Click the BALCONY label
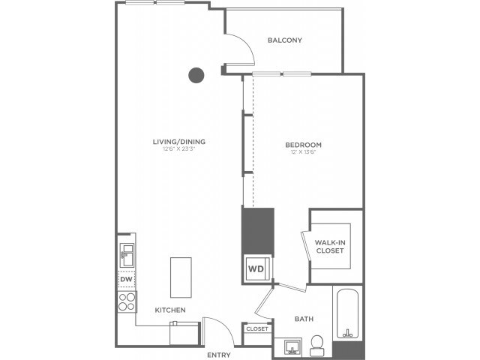(x=284, y=40)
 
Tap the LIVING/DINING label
(x=179, y=142)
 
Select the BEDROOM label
(x=303, y=145)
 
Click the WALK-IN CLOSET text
(x=329, y=246)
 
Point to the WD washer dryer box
(x=255, y=268)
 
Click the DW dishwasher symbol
(x=126, y=280)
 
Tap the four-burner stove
(x=126, y=301)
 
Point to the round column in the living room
(x=196, y=74)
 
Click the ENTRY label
(x=219, y=354)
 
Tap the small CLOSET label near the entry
(x=256, y=328)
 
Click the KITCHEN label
(x=170, y=310)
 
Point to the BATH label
(x=304, y=319)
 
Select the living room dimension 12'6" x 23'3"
(x=179, y=150)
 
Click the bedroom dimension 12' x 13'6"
(x=303, y=153)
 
